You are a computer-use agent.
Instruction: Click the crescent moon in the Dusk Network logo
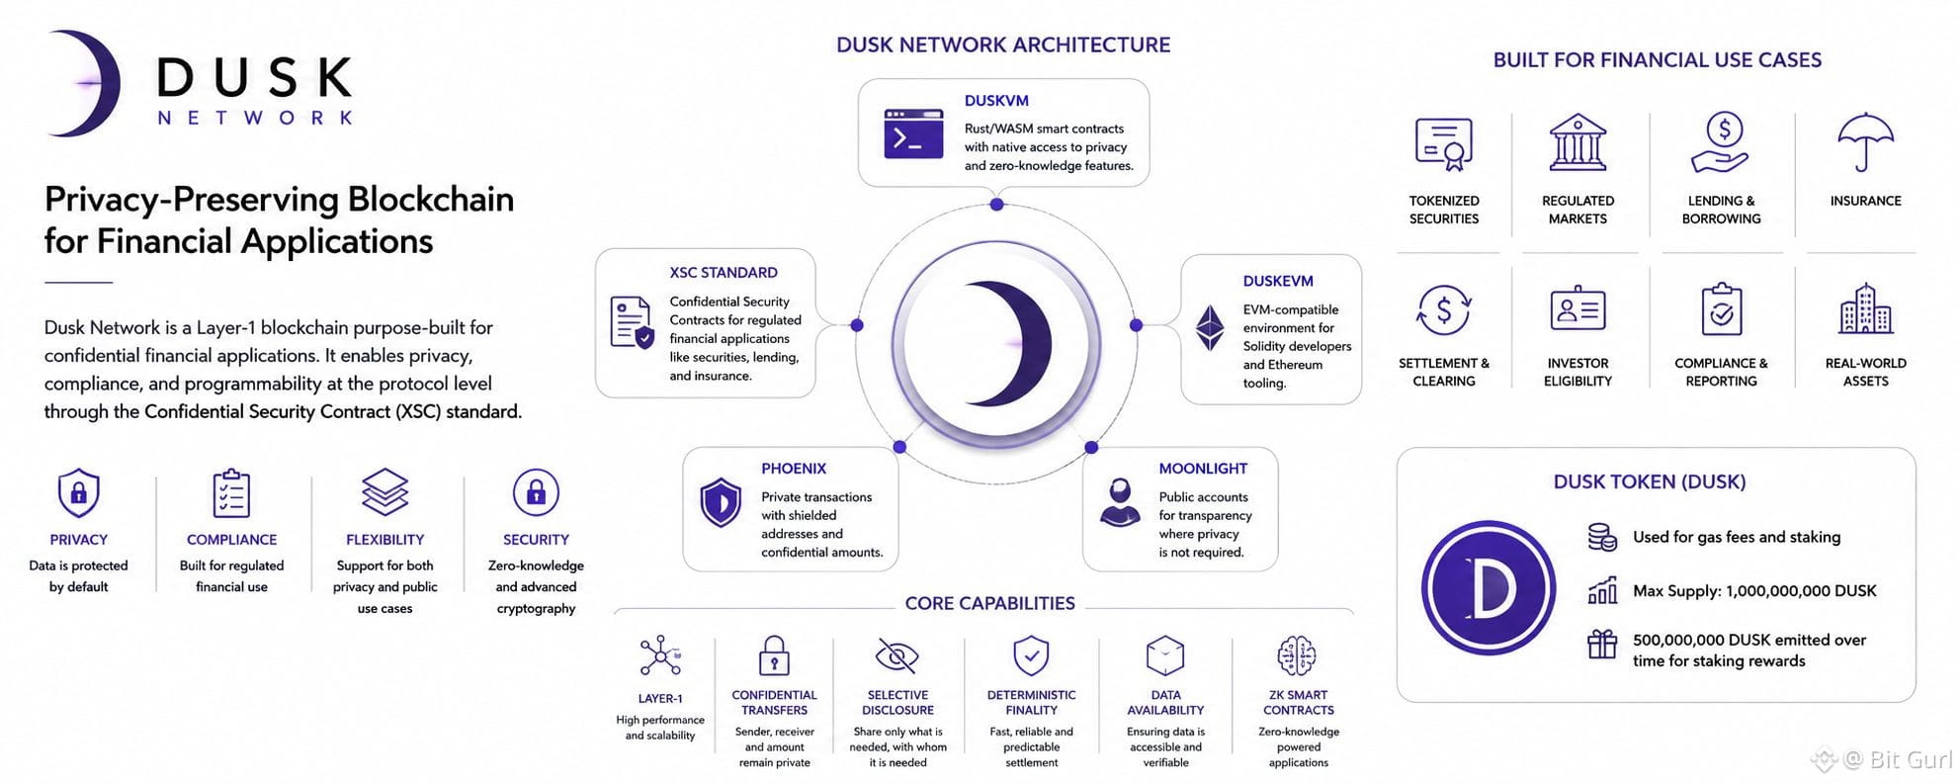pos(99,84)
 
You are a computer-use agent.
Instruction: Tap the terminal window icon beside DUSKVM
pos(912,133)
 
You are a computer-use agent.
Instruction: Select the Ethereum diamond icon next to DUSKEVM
pos(1210,327)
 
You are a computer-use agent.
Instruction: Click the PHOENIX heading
pos(793,469)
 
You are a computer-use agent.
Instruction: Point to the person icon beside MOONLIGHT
pos(1120,502)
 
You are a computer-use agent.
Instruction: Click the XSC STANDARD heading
pos(724,273)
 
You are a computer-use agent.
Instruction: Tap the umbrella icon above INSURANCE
pos(1865,140)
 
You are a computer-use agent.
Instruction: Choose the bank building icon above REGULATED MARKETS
pos(1577,142)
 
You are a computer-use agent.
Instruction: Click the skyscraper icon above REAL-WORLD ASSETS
pos(1865,308)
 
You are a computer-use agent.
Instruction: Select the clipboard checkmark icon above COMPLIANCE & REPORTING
pos(1721,309)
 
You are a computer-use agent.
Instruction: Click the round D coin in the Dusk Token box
pos(1488,588)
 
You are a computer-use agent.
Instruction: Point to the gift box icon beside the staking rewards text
pos(1601,644)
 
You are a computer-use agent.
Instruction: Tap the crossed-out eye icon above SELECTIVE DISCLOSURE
pos(897,655)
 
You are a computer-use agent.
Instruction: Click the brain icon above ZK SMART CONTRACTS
pos(1297,655)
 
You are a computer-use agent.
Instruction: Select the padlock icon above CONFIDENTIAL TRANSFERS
pos(774,655)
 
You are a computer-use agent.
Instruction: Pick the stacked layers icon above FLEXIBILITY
pos(384,492)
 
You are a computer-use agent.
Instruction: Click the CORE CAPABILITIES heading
pos(989,603)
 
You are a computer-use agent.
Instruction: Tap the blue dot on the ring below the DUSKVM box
pos(996,205)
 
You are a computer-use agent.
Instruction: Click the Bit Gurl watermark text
pos(1898,759)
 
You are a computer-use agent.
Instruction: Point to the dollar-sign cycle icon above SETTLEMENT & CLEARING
pos(1443,310)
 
